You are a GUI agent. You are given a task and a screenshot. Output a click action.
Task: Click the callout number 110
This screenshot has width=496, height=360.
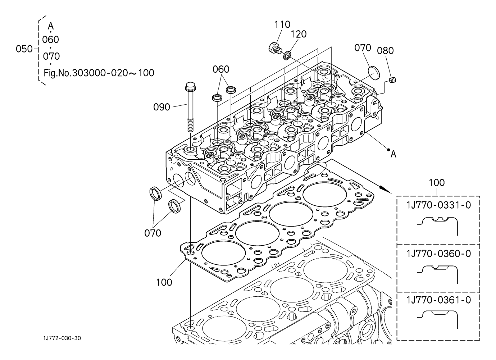point(282,24)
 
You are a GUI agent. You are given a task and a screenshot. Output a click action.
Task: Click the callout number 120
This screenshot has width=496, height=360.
point(299,34)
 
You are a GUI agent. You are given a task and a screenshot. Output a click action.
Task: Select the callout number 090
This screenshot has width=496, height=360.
point(161,107)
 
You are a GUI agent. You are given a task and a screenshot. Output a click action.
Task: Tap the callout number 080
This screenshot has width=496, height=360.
point(385,51)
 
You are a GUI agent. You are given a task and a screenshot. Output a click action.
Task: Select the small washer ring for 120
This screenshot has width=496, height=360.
point(287,56)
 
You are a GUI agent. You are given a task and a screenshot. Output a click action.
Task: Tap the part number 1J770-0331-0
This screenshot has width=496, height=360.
point(438,205)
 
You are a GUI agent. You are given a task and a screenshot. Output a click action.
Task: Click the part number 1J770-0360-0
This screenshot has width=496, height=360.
point(438,254)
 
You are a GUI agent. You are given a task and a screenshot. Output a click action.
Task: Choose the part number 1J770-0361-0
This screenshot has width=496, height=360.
point(438,300)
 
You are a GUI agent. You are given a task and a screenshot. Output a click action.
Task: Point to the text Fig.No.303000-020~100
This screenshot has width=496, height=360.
point(99,73)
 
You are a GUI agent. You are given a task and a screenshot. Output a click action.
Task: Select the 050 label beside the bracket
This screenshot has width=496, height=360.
point(24,49)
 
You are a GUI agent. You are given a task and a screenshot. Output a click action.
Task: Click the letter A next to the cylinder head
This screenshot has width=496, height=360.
point(393,154)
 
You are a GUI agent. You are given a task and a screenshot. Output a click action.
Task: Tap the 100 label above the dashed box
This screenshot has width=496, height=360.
point(437,183)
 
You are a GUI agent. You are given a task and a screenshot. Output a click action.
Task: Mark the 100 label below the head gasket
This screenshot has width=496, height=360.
point(164,282)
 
